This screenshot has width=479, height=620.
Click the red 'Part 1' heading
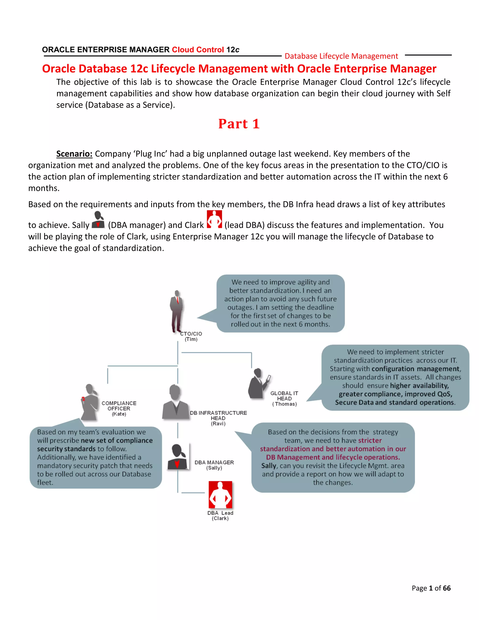[239, 124]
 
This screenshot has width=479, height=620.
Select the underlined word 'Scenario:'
[74, 154]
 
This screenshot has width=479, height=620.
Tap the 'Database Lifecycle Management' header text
[341, 56]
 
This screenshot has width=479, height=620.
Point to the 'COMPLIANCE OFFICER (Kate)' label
[119, 408]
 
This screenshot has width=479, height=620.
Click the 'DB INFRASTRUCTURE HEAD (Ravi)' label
[218, 418]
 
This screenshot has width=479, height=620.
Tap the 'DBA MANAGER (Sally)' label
[214, 465]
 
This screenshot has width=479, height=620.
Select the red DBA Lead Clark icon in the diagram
[221, 495]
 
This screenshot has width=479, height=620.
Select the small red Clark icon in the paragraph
[214, 219]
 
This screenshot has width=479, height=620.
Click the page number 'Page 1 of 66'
[431, 588]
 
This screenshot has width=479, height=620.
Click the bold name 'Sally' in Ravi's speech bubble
[269, 466]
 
